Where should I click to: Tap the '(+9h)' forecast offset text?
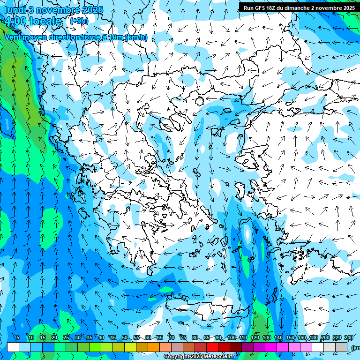click(79, 21)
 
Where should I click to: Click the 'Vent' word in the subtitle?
click(13, 37)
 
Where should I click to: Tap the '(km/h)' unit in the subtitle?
click(136, 37)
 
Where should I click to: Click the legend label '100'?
click(232, 338)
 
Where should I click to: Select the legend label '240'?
click(349, 338)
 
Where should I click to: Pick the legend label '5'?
click(18, 338)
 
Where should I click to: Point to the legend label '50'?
click(124, 338)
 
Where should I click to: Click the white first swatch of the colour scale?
click(13, 347)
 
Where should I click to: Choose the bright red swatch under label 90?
click(212, 347)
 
